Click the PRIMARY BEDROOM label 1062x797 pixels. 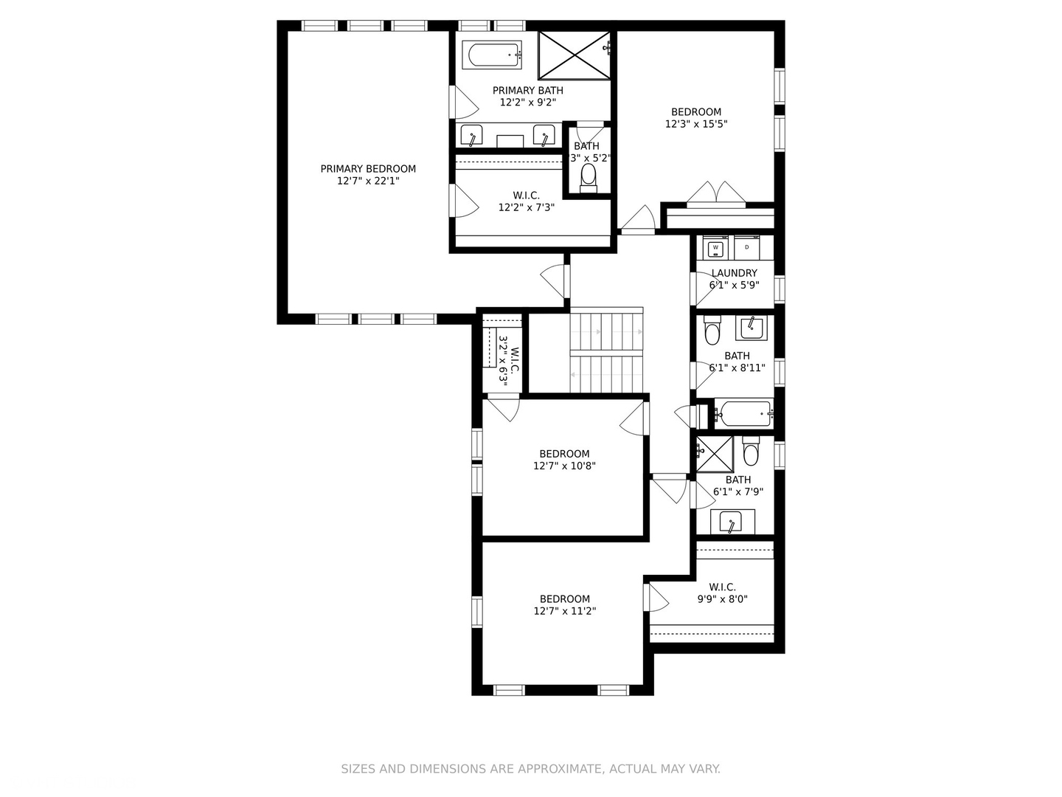point(368,169)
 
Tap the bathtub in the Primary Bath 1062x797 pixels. point(492,55)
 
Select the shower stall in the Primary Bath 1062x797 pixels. point(575,55)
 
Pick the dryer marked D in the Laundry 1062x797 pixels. point(747,248)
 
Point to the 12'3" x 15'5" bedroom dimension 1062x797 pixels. point(696,124)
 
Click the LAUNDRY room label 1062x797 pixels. point(734,273)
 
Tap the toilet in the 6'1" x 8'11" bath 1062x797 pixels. point(712,332)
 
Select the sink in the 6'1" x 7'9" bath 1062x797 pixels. point(732,522)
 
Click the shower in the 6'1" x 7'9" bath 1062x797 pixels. point(715,454)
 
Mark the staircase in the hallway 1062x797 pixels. point(606,351)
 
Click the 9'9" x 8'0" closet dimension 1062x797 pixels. point(722,599)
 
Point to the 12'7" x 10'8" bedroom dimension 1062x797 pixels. point(564,466)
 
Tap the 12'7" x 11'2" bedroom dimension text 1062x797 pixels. point(564,611)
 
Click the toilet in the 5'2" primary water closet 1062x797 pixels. point(589,177)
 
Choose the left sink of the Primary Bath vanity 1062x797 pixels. point(471,137)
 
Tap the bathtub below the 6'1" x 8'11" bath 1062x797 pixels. point(743,414)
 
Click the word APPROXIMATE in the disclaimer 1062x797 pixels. point(558,769)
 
